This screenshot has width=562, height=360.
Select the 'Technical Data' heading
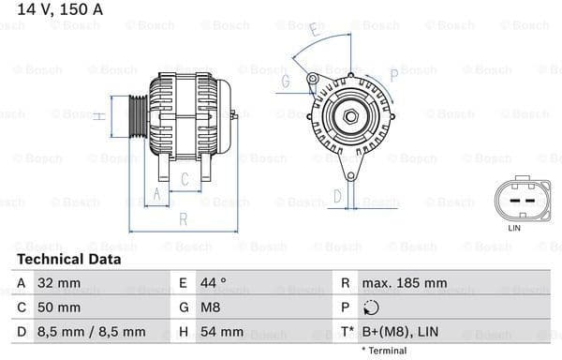click(x=68, y=259)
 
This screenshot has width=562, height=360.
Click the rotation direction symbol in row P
click(x=371, y=307)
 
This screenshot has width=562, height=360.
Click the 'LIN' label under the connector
click(x=513, y=228)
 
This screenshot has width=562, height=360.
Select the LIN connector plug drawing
click(x=513, y=199)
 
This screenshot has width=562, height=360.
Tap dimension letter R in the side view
click(x=184, y=219)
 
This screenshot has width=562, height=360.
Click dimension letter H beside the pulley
click(x=98, y=116)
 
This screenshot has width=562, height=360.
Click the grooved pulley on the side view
click(x=136, y=116)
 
